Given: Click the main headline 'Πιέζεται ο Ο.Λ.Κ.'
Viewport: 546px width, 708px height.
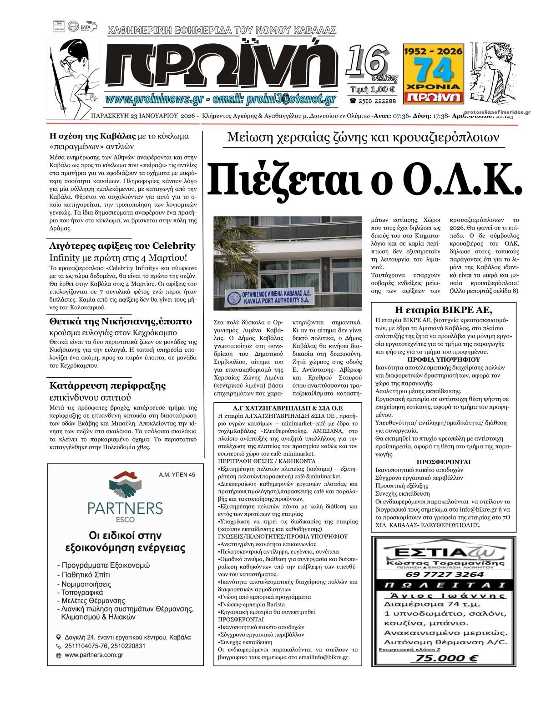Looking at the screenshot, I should tap(364, 178).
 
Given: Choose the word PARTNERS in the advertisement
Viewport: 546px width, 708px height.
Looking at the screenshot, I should tap(125, 507).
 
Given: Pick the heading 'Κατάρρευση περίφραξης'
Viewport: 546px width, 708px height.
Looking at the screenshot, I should tap(107, 385).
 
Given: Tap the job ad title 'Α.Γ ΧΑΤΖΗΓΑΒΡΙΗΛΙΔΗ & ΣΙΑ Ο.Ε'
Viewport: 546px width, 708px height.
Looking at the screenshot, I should tap(287, 408).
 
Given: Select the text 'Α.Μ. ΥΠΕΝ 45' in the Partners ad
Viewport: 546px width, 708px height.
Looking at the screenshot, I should tap(177, 475).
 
